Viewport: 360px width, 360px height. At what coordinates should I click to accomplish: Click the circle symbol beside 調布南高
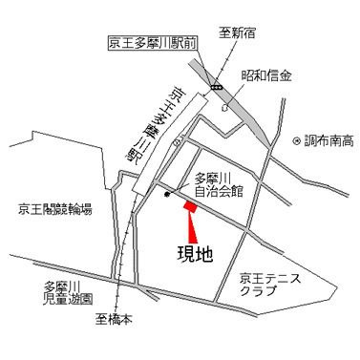pos(297,141)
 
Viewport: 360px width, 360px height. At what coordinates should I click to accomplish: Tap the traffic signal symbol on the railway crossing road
pos(219,88)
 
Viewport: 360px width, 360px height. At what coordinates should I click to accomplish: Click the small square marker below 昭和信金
pos(224,108)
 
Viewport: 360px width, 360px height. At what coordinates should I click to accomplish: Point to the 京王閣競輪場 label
pos(54,208)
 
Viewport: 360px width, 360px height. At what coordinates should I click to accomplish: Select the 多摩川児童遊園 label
pos(68,291)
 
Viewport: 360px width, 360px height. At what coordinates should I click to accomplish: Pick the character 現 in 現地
pos(185,254)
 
